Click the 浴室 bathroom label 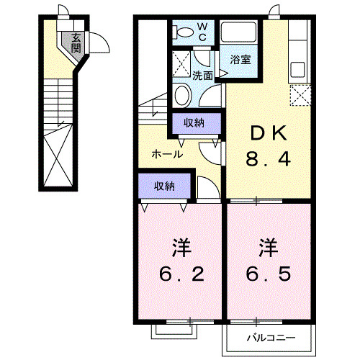tap(240, 60)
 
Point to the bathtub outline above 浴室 tap(240, 34)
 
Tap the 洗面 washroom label tap(202, 75)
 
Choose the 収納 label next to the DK tap(194, 122)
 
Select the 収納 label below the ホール tap(164, 186)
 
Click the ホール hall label tap(166, 154)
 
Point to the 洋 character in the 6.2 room tap(181, 247)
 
